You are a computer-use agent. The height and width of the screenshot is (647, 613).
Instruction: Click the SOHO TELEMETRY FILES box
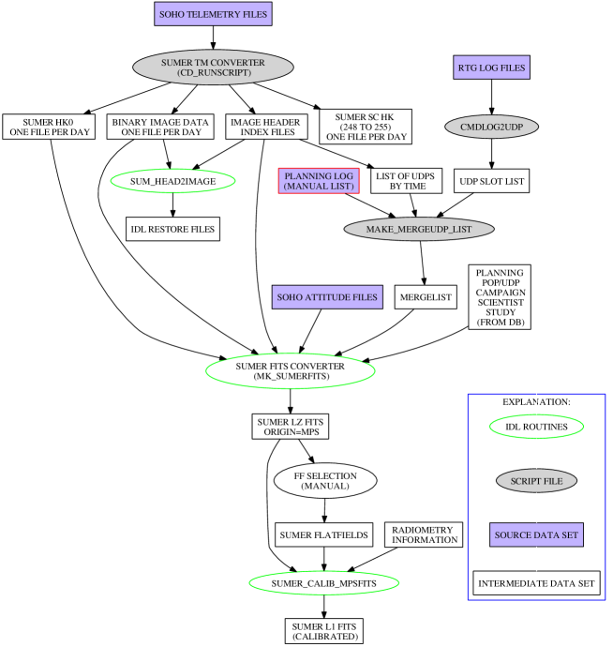click(x=213, y=14)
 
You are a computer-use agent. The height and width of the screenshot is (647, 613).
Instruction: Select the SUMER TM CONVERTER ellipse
click(x=213, y=68)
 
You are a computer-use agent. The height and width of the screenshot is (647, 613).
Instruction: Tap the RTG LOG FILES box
click(x=491, y=68)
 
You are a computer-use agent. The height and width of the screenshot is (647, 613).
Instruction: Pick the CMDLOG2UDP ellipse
click(x=491, y=127)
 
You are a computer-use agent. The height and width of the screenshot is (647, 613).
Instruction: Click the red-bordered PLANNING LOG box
click(x=319, y=181)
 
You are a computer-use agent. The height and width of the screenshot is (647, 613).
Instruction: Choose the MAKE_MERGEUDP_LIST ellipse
click(x=418, y=229)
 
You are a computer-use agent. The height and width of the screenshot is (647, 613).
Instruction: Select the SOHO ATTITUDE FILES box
click(x=327, y=297)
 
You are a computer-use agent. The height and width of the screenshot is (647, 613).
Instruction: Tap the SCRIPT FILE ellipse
click(x=536, y=481)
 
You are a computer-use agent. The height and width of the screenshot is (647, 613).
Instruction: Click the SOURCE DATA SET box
click(x=536, y=535)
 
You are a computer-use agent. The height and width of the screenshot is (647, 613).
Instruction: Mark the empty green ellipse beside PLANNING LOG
click(x=172, y=181)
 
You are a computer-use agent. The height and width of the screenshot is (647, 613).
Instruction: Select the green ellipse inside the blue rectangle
click(x=536, y=427)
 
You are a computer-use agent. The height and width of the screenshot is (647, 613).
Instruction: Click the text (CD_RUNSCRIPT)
click(x=213, y=73)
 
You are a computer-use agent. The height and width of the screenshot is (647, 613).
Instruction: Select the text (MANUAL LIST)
click(x=319, y=187)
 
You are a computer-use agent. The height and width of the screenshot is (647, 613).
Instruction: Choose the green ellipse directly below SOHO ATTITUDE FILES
click(x=291, y=371)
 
